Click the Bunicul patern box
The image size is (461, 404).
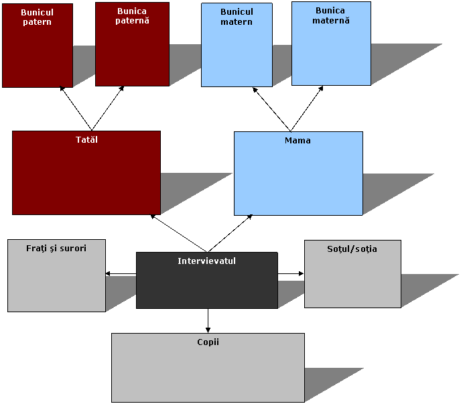point(38,54)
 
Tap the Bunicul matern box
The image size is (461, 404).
point(237,54)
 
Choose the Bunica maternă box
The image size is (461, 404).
point(331,50)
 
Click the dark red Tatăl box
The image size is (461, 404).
point(86,178)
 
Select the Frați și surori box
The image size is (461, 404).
point(56,281)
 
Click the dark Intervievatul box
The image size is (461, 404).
point(206,285)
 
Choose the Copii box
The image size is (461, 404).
point(208,372)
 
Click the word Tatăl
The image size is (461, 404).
point(87,140)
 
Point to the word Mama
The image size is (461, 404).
point(298,141)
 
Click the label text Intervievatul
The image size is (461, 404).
point(206,261)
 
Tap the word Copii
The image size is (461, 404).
point(208,342)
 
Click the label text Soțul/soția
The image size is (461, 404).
point(352,249)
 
